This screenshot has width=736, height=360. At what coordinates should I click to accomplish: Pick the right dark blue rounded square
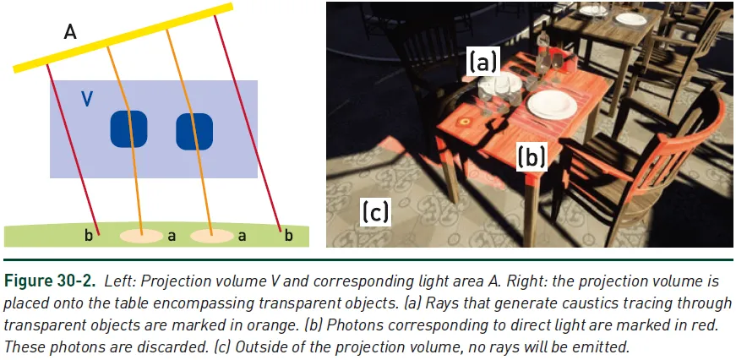point(194,131)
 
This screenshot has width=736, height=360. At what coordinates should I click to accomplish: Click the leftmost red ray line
point(74,152)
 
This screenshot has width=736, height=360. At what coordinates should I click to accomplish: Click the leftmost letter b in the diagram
point(90,236)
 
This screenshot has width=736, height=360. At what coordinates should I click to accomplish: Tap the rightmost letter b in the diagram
point(288,236)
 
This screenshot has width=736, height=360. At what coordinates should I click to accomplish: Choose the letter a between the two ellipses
point(172,237)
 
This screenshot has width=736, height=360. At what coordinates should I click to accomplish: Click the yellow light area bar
point(122,37)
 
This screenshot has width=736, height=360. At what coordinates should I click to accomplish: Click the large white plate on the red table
point(552,104)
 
